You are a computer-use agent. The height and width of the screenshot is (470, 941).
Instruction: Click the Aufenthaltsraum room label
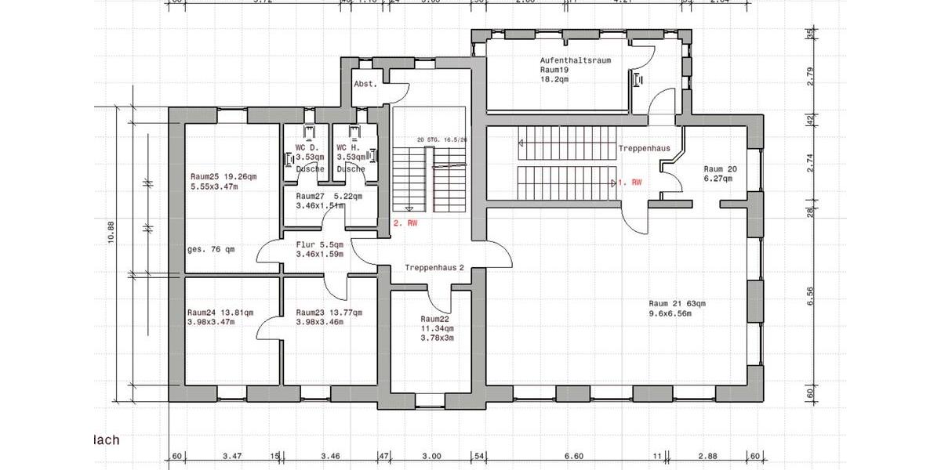tap(575, 60)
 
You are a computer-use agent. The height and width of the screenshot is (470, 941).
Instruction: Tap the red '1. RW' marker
tap(630, 182)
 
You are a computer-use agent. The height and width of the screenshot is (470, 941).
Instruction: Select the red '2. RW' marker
tap(405, 223)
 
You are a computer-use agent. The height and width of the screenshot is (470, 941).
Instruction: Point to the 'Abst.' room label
tap(365, 84)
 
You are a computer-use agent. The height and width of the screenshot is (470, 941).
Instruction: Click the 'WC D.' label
tap(306, 147)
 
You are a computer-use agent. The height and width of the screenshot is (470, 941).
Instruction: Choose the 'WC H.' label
tap(347, 147)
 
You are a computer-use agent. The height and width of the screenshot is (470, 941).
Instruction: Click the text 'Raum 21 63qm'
tap(678, 303)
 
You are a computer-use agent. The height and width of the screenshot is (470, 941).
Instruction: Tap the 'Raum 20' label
tap(719, 168)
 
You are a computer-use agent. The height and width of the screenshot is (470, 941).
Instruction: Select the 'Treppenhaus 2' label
tap(434, 268)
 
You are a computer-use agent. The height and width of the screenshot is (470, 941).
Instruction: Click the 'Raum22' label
tap(434, 320)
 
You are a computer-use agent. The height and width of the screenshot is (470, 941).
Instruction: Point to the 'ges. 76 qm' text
tap(211, 250)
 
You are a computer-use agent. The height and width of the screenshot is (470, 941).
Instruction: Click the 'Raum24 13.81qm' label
tap(220, 312)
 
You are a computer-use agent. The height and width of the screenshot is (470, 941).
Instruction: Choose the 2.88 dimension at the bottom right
tap(708, 455)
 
